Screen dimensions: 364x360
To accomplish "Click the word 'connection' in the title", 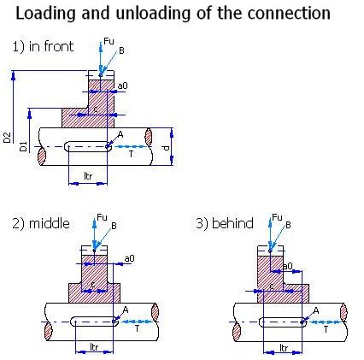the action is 289,13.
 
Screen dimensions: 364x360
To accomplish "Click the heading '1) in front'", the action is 43,46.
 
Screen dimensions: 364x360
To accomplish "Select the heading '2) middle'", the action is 41,223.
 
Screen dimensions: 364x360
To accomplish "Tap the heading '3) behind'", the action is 225,223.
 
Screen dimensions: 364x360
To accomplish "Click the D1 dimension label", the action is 24,146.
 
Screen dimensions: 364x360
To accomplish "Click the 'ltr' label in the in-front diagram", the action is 88,176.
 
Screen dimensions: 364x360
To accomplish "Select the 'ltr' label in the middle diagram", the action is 94,347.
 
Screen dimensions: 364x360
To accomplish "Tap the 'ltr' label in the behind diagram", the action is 284,347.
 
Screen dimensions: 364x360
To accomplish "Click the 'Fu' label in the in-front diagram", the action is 109,41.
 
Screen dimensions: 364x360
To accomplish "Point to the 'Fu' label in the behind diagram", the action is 277,217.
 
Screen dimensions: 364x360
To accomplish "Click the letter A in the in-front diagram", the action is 120,134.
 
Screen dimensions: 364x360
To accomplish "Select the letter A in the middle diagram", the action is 126,310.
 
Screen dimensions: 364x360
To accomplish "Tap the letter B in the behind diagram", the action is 288,225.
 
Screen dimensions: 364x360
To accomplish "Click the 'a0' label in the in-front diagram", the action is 122,86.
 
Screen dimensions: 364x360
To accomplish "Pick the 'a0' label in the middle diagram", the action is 129,258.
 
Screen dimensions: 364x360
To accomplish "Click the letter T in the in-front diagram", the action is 131,154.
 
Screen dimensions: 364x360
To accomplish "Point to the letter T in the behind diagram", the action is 326,329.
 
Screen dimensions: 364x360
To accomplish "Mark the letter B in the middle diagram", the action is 114,226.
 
